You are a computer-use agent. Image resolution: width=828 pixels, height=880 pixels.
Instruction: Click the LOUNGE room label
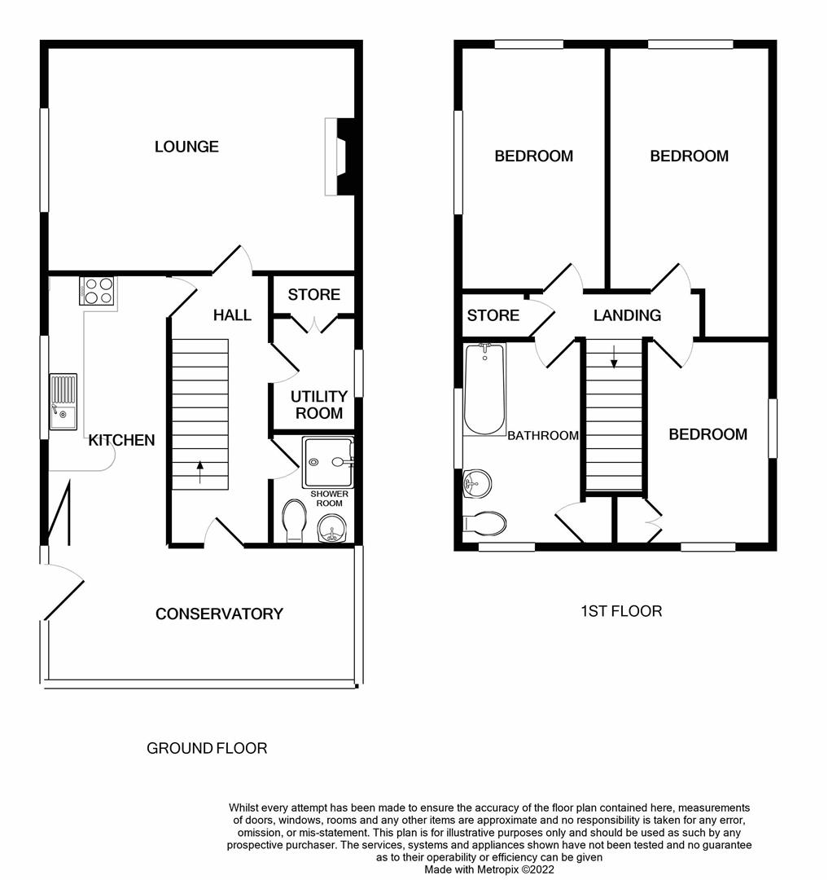click(186, 147)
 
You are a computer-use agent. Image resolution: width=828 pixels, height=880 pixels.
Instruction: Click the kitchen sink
click(63, 401)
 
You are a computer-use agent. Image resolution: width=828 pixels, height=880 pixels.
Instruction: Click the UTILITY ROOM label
click(319, 405)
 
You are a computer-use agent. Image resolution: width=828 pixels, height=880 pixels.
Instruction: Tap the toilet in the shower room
click(293, 520)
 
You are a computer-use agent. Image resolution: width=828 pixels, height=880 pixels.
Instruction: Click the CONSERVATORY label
click(219, 614)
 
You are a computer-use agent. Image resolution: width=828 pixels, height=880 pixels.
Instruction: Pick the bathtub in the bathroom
click(484, 389)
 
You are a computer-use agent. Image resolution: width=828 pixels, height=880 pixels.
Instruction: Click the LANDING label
click(627, 315)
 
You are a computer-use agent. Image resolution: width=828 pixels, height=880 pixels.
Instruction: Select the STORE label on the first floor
click(493, 315)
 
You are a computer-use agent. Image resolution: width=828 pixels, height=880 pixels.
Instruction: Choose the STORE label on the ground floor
click(313, 294)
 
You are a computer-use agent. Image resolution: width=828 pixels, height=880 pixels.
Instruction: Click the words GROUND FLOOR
click(207, 748)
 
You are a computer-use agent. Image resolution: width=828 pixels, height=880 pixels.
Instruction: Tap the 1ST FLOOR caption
click(620, 610)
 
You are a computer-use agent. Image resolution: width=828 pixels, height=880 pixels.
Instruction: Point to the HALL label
click(232, 315)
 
